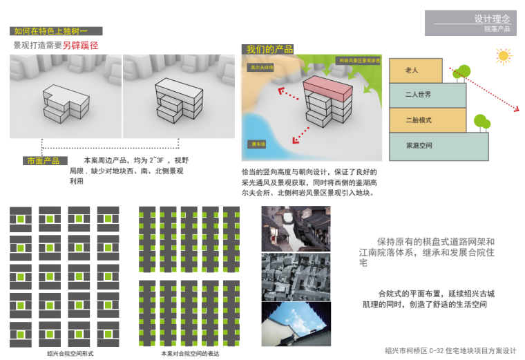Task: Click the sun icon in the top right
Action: tap(504, 55)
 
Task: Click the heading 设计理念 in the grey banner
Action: tap(492, 19)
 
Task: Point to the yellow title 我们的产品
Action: tap(270, 50)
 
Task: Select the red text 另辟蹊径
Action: tap(81, 46)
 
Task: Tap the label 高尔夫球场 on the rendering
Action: tap(262, 67)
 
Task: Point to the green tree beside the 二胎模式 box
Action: tap(483, 124)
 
